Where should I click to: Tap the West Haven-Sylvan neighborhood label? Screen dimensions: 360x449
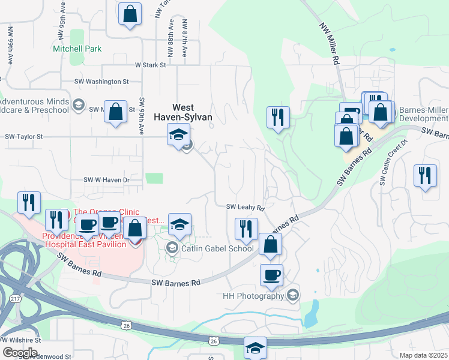tap(184, 113)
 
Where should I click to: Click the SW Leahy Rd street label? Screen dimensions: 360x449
tap(246, 208)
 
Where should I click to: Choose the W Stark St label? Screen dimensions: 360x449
tap(150, 65)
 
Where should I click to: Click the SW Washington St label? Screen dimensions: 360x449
tap(101, 81)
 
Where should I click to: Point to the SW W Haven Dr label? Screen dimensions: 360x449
tap(106, 180)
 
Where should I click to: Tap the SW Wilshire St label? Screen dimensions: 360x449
tap(20, 340)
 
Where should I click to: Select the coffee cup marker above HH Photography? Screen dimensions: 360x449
tap(271, 274)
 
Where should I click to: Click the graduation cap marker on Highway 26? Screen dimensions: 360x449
tap(255, 347)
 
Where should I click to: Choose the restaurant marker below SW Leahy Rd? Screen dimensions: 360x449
tap(246, 228)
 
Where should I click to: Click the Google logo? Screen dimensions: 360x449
tap(19, 353)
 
